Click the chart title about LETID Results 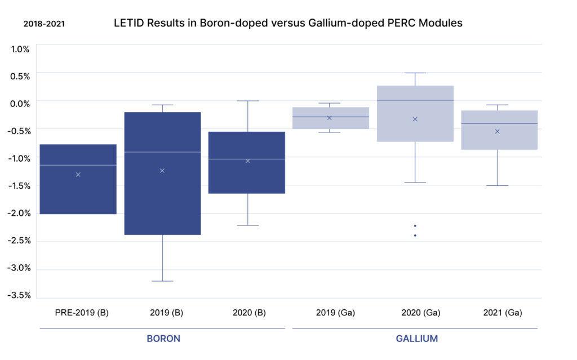[288, 23]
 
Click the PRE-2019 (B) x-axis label [81, 312]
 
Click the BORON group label [163, 339]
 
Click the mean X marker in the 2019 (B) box [162, 170]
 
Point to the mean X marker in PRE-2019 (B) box [78, 175]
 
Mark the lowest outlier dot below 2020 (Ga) [415, 235]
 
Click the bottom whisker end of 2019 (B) [162, 281]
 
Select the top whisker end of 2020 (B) [248, 101]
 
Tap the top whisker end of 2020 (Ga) [415, 73]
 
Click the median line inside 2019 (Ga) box [330, 117]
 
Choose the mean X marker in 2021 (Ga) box [497, 131]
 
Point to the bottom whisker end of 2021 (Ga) [497, 185]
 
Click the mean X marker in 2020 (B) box [247, 161]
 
